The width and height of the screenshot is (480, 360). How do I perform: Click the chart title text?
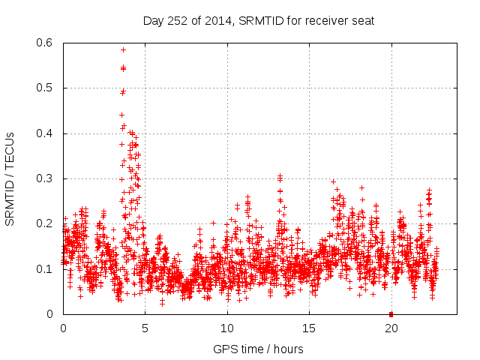[x=258, y=20]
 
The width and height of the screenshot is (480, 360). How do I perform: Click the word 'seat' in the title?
[x=362, y=20]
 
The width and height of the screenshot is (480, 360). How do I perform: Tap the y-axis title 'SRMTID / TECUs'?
[x=10, y=178]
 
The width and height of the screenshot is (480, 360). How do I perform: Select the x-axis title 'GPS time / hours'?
[x=258, y=348]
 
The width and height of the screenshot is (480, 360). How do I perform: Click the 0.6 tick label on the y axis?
[x=46, y=43]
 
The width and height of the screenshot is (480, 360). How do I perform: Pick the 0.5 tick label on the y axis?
[x=46, y=88]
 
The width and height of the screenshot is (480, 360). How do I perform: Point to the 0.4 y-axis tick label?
[x=46, y=133]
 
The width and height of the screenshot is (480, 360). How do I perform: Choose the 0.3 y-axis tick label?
[x=46, y=178]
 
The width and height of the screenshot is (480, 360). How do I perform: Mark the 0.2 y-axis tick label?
[x=46, y=223]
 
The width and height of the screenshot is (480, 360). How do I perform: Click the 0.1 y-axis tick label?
[x=46, y=268]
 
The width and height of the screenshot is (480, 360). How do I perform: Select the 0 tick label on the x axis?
[x=63, y=328]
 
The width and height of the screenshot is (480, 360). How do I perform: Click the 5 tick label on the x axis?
[x=145, y=328]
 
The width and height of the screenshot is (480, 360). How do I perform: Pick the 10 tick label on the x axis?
[x=226, y=328]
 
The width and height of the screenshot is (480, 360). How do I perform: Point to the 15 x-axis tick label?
[x=308, y=328]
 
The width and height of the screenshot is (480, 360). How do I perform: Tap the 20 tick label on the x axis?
[x=391, y=328]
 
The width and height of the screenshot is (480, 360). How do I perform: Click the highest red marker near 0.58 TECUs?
[x=123, y=49]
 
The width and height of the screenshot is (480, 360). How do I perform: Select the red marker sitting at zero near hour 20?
[x=391, y=313]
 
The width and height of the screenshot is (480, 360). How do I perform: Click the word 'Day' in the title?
[x=153, y=20]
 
